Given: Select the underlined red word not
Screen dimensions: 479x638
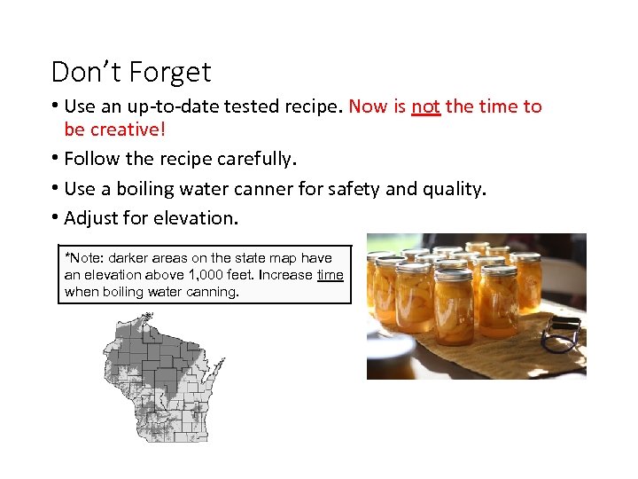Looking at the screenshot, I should (x=425, y=106).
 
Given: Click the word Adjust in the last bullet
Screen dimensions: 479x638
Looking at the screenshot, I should (x=89, y=217).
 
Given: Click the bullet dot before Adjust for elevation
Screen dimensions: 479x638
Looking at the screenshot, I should (x=55, y=217).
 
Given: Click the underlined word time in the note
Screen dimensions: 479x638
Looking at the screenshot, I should (x=330, y=275).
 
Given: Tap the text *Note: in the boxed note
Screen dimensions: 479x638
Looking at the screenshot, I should (x=84, y=258).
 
